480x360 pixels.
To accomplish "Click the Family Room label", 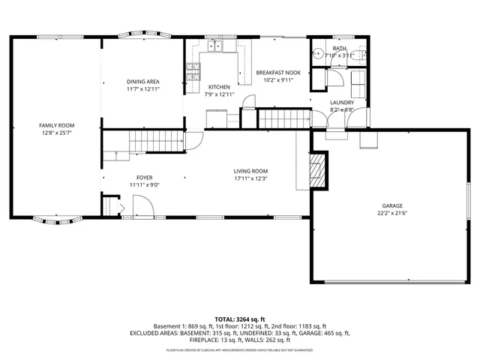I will [x=56, y=125].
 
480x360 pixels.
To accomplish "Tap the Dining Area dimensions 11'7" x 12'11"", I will [x=142, y=89].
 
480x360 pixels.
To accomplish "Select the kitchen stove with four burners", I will [x=193, y=72].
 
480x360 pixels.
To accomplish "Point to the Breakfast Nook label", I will [x=278, y=72].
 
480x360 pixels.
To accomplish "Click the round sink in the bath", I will [x=318, y=54].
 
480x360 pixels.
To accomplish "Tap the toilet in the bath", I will [x=359, y=54].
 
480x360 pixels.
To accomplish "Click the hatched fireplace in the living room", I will [x=318, y=170].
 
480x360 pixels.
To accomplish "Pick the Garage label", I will [x=393, y=205].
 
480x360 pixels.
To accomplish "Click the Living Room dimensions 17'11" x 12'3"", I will [x=250, y=178].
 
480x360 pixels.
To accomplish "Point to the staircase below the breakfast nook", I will [x=283, y=118].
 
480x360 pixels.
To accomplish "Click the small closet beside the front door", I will [x=112, y=206].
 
